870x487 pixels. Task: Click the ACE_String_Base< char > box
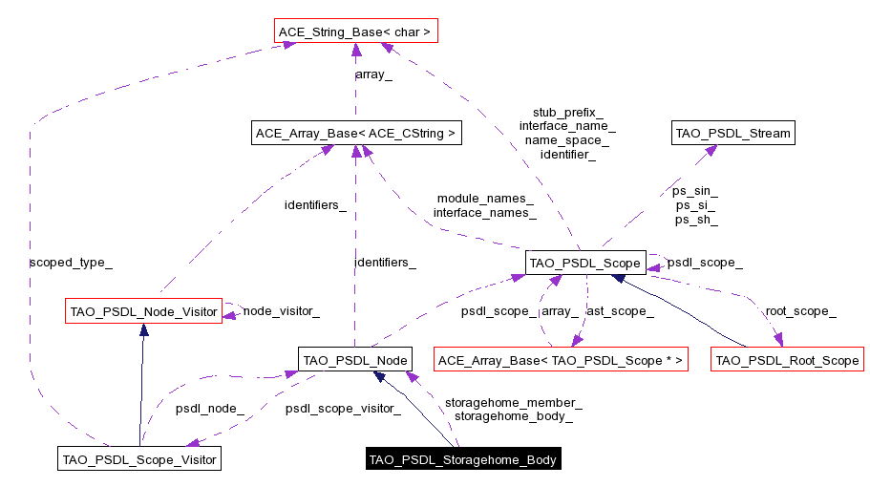[355, 32]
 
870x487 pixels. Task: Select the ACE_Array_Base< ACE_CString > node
[355, 134]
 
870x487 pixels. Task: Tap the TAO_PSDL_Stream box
[732, 134]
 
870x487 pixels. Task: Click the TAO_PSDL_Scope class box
[585, 262]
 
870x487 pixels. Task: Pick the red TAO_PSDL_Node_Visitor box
[143, 310]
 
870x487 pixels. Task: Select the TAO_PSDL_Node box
[354, 360]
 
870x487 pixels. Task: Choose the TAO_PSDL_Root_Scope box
[787, 360]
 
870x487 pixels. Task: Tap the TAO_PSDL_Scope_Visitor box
[139, 459]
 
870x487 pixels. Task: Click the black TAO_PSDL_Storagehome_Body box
[463, 459]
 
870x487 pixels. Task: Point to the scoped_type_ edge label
[64, 261]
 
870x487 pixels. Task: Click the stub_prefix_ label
[567, 112]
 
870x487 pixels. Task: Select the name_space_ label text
[567, 139]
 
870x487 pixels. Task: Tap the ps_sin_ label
[695, 191]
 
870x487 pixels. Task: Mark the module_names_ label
[485, 198]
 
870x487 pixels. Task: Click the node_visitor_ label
[281, 310]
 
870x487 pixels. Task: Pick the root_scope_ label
[800, 310]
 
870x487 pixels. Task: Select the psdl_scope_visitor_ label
[342, 409]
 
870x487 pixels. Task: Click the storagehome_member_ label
[513, 402]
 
